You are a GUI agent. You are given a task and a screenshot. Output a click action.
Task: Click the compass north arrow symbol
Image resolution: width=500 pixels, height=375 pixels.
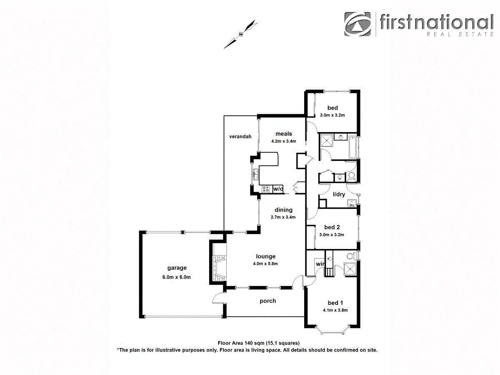click(x=240, y=34)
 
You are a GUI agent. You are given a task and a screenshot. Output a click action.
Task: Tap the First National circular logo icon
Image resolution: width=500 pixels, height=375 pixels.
click(x=358, y=24)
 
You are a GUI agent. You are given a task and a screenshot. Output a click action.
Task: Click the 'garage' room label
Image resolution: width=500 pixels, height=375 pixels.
click(x=177, y=268)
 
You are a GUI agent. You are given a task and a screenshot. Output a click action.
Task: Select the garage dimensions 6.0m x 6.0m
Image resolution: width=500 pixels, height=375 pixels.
click(x=177, y=277)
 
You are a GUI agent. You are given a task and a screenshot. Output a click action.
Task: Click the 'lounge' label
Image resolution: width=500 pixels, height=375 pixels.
click(x=266, y=256)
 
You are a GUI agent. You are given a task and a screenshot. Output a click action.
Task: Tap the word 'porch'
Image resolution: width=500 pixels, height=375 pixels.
click(x=267, y=301)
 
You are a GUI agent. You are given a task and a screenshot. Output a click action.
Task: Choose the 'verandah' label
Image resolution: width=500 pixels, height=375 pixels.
click(x=240, y=136)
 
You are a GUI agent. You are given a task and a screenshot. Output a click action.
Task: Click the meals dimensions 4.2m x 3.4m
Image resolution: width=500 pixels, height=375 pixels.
click(x=283, y=141)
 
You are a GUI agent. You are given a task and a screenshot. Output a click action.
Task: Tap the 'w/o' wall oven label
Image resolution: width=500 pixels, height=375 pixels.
click(x=278, y=189)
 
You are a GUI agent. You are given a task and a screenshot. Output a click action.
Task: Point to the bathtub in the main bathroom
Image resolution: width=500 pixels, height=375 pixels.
click(x=353, y=147)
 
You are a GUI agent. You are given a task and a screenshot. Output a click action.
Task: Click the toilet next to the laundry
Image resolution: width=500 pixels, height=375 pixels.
click(x=351, y=176)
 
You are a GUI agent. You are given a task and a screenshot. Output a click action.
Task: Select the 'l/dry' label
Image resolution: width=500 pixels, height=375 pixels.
click(x=339, y=194)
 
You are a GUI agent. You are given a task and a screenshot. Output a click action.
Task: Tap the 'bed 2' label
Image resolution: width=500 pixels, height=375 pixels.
click(x=332, y=227)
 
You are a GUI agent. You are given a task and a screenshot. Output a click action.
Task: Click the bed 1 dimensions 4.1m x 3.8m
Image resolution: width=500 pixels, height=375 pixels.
click(x=335, y=310)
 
